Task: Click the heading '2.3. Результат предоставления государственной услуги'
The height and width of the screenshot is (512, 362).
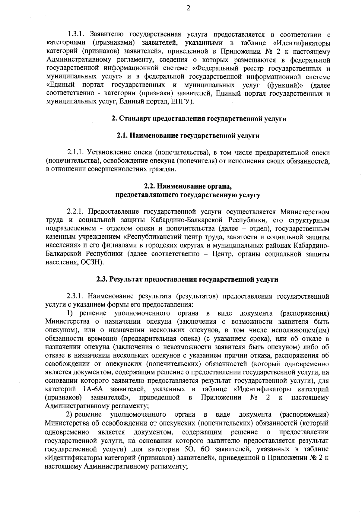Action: click(x=187, y=279)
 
